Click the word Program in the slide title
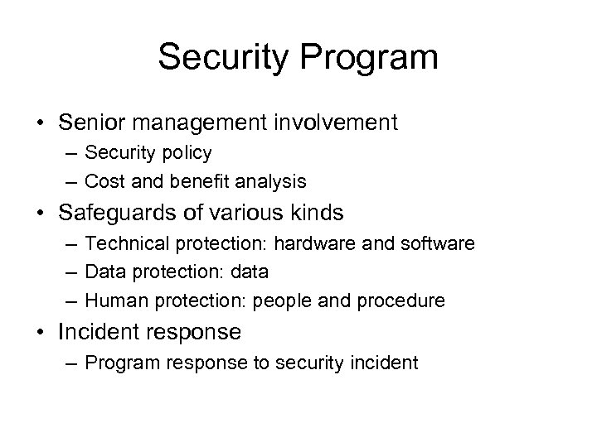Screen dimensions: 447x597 365,59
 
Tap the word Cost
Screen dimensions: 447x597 104,180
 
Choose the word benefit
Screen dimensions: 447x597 190,180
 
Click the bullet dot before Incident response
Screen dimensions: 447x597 41,333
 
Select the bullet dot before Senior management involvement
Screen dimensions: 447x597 41,124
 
